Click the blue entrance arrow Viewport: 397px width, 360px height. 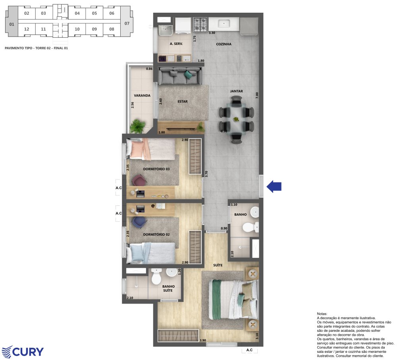click(274, 186)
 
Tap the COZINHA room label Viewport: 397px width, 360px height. click(224, 44)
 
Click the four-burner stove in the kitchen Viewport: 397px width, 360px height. click(200, 24)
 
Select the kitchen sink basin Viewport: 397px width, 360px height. click(224, 24)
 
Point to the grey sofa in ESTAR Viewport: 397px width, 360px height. click(180, 76)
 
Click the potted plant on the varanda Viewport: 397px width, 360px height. click(137, 126)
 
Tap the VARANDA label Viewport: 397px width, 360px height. click(142, 95)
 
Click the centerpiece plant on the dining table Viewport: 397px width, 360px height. click(236, 119)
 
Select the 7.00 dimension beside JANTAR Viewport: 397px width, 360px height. click(257, 95)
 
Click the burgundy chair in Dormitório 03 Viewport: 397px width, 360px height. click(139, 180)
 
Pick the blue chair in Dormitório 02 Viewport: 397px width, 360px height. click(139, 222)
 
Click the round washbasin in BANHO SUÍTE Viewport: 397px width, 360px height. click(172, 273)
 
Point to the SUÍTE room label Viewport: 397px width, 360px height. click(218, 265)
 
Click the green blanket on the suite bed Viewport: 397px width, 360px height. click(216, 299)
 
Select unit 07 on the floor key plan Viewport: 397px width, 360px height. click(127, 23)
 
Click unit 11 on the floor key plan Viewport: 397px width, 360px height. click(43, 29)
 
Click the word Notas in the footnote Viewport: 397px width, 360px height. click(322, 314)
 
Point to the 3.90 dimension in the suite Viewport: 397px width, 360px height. click(203, 340)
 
